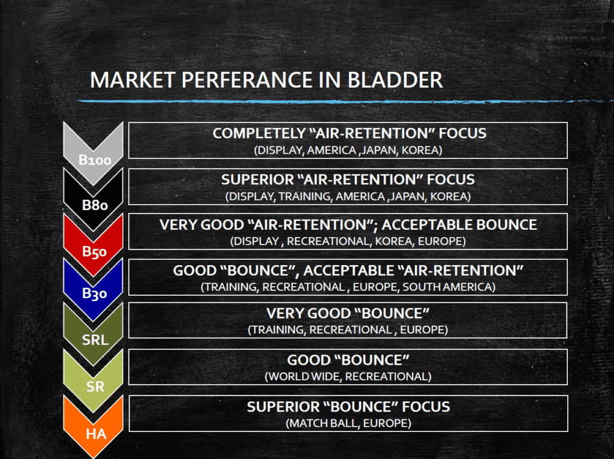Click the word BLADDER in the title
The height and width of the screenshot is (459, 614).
pyautogui.click(x=395, y=80)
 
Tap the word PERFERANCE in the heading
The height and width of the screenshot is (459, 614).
pyautogui.click(x=246, y=80)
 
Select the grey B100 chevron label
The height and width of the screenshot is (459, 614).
pyautogui.click(x=95, y=160)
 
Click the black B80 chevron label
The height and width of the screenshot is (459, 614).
pyautogui.click(x=95, y=205)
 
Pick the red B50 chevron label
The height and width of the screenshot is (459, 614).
pyautogui.click(x=94, y=251)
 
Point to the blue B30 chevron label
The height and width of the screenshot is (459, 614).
pyautogui.click(x=94, y=293)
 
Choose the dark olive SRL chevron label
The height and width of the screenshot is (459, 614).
pyautogui.click(x=95, y=340)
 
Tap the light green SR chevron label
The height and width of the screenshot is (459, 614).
pyautogui.click(x=95, y=387)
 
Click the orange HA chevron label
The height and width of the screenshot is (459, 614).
pyautogui.click(x=96, y=434)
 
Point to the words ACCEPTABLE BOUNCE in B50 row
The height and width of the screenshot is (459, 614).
pyautogui.click(x=459, y=225)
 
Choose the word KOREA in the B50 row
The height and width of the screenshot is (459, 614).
pyautogui.click(x=393, y=241)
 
